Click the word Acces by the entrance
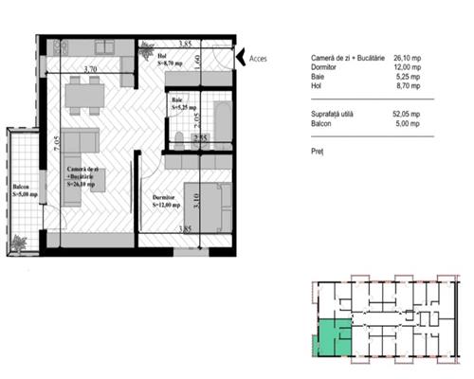[x=257, y=57]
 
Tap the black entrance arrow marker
[x=240, y=57]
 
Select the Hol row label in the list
[x=316, y=85]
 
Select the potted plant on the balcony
[x=19, y=244]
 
